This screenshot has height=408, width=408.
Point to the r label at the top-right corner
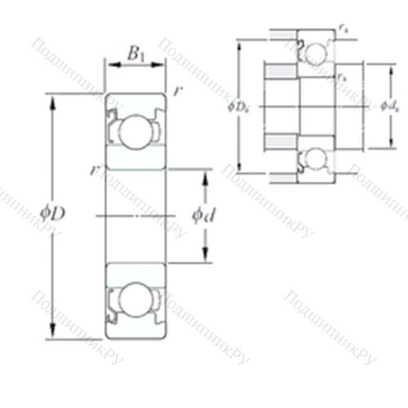coord(178,91)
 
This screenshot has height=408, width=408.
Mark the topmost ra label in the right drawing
coord(342,29)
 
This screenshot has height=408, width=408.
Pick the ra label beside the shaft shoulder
coord(339,76)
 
